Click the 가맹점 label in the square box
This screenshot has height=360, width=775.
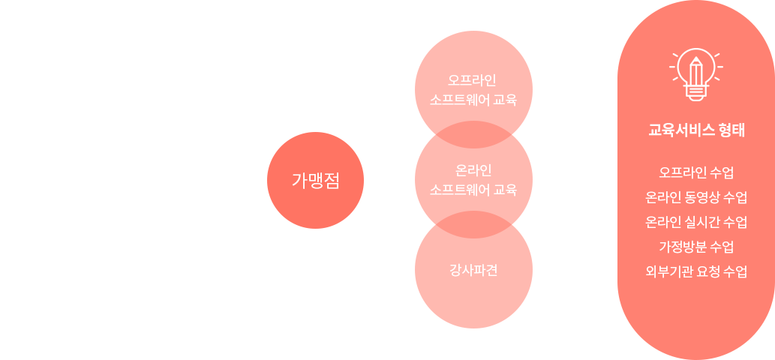tap(315, 180)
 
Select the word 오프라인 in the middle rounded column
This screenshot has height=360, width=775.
tap(473, 79)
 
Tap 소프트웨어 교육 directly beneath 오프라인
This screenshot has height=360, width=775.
tap(473, 100)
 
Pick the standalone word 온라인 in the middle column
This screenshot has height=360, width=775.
tap(473, 169)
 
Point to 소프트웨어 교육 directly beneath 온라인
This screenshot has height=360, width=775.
tap(473, 190)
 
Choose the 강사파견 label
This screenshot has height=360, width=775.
tap(473, 270)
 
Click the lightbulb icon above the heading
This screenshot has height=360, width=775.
tap(695, 73)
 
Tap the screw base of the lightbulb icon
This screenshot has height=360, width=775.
tap(695, 93)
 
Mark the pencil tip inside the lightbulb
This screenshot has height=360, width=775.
tap(695, 60)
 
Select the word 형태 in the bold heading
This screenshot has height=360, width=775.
tap(731, 130)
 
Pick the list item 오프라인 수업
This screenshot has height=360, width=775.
tap(695, 172)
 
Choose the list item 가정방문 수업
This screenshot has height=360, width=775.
tap(695, 247)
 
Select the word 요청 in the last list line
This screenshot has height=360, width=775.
tap(707, 271)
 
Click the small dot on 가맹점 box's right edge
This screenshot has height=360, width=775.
tap(365, 180)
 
